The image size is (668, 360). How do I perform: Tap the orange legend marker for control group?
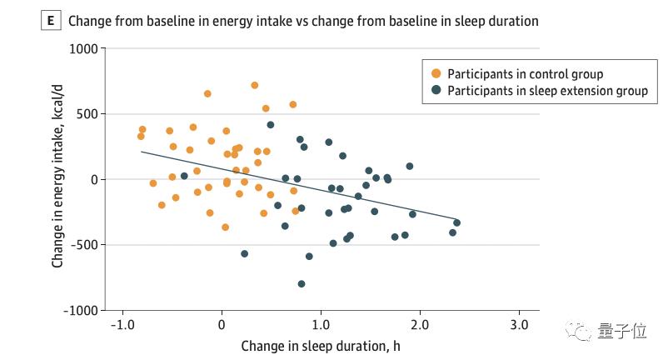(436, 74)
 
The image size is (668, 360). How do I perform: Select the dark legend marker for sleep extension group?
(436, 91)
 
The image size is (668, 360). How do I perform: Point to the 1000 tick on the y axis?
(82, 49)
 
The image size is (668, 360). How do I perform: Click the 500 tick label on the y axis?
(87, 114)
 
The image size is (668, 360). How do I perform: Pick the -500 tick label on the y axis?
(84, 245)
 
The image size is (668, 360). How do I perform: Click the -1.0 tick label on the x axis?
(122, 323)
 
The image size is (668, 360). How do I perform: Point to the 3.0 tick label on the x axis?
(519, 323)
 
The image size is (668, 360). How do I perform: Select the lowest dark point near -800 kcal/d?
(302, 284)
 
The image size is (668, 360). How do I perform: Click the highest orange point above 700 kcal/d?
(255, 85)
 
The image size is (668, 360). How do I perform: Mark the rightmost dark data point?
(456, 222)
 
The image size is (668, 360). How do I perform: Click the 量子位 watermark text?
(622, 332)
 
